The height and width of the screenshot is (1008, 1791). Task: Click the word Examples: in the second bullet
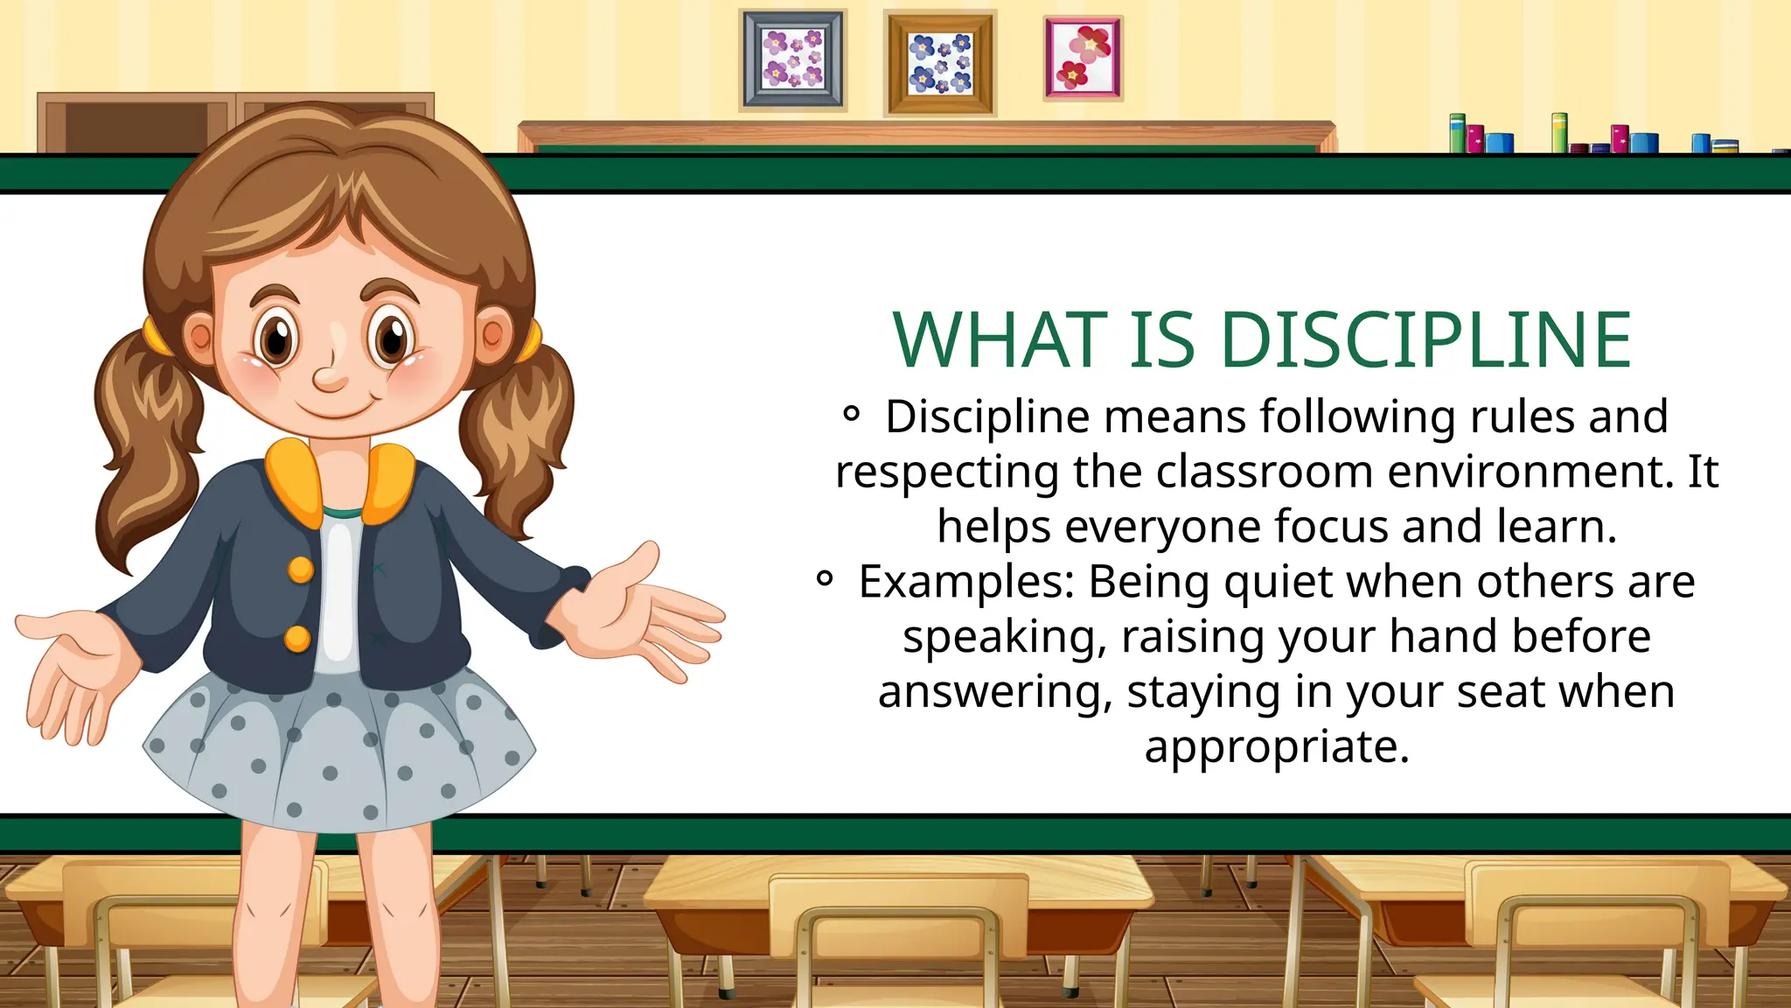click(x=966, y=582)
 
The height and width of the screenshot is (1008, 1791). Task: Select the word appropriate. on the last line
click(x=1277, y=747)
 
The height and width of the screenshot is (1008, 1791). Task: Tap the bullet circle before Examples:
click(x=825, y=578)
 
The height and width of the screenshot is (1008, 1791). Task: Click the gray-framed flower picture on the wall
click(x=793, y=59)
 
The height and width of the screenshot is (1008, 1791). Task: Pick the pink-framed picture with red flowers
click(x=1083, y=58)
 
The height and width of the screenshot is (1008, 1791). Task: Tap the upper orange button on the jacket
click(x=301, y=570)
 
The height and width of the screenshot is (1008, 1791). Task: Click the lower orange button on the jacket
click(x=297, y=639)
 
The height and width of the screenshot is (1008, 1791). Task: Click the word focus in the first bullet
click(x=1330, y=527)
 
